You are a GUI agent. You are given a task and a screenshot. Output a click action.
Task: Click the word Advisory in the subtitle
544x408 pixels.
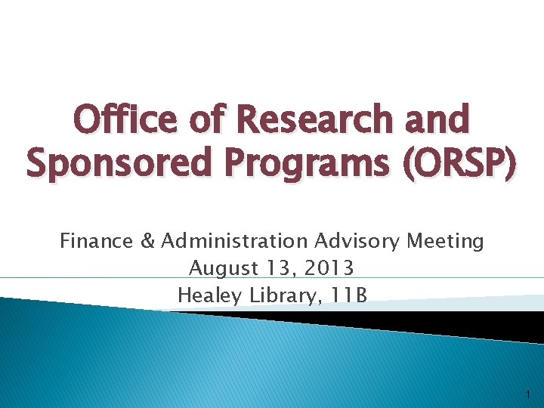[357, 242]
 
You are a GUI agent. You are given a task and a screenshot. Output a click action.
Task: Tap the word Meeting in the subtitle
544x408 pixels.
[445, 242]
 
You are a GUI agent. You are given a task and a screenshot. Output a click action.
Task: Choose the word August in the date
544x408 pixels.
[220, 268]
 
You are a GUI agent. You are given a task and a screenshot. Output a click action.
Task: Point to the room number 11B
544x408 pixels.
[348, 295]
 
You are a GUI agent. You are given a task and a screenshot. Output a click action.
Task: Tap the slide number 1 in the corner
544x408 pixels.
[526, 394]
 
